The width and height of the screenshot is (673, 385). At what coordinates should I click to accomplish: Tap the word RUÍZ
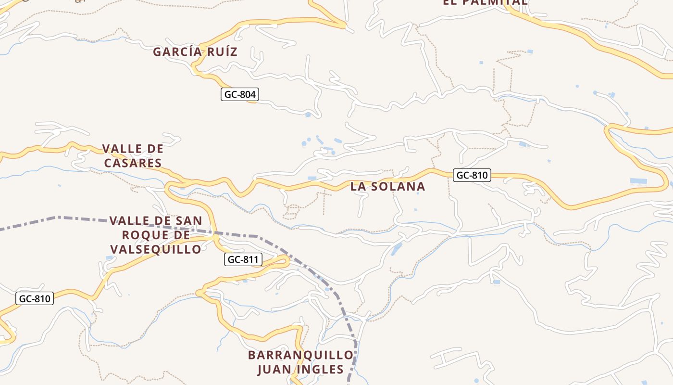point(223,52)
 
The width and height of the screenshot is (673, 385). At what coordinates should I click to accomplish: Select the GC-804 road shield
point(240,94)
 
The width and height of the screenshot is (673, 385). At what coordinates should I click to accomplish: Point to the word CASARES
point(133,163)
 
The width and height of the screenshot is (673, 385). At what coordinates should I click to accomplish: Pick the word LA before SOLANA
point(358,186)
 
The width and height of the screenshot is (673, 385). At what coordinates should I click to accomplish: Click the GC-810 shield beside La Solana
point(472,175)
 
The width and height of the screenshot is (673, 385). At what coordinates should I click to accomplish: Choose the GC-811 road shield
point(243,260)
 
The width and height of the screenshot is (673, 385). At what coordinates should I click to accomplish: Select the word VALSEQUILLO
point(156,249)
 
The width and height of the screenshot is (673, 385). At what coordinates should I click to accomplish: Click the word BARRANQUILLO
point(301,355)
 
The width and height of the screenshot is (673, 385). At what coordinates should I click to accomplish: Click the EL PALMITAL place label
point(485,2)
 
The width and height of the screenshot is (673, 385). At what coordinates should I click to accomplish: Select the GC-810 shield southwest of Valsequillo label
point(34,298)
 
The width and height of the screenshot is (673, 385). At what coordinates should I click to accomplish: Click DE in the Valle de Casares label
point(155,149)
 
